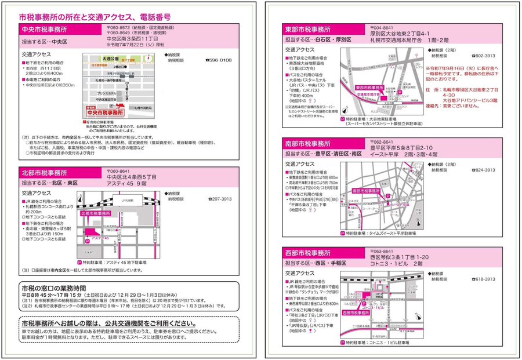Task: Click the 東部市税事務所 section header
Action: tap(308, 29)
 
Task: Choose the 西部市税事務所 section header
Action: tap(308, 253)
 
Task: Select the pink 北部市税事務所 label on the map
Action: tap(93, 213)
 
